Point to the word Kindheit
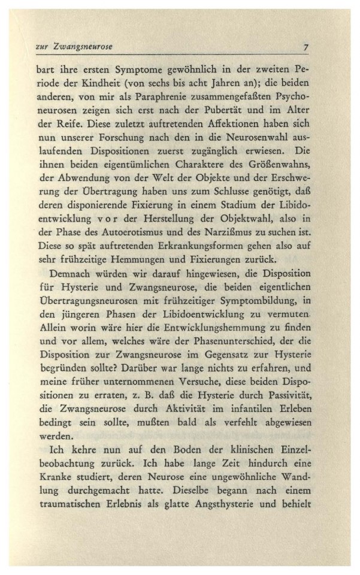[106, 81]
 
